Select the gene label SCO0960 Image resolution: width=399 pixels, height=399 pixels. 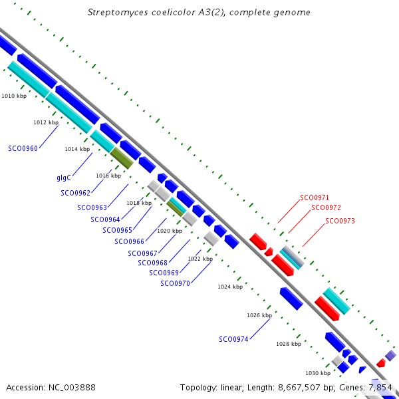pos(23,148)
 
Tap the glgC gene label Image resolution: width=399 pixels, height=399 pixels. pos(64,178)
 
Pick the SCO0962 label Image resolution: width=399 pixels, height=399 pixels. pos(75,193)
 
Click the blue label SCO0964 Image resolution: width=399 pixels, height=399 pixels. pos(105,219)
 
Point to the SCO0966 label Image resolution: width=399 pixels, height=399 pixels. pos(129,241)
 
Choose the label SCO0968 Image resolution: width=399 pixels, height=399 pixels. pos(152,263)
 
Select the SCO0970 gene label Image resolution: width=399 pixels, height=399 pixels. pos(175,283)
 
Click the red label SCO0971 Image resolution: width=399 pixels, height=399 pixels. pos(315,198)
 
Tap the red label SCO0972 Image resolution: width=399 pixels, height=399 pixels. pos(327,208)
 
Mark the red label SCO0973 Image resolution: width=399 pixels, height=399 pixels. pos(340,221)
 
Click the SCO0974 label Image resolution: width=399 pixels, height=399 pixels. pos(233,339)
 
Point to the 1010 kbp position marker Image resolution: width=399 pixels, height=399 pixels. pos(14,96)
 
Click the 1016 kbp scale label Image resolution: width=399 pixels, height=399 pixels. pos(108,176)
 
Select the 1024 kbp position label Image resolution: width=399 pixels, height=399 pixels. pos(230,287)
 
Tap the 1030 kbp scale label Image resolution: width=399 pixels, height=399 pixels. pos(317,374)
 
